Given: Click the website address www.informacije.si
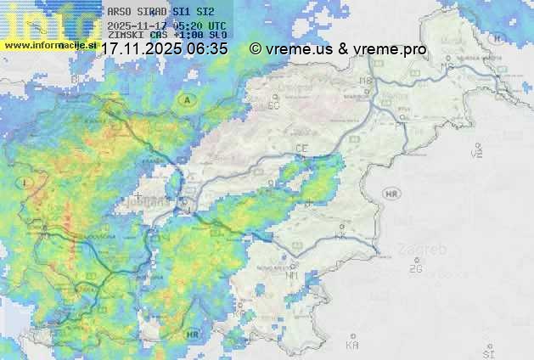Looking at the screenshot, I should [50, 45].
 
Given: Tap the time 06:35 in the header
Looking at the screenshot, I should [208, 49].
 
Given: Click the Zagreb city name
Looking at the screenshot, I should [426, 251].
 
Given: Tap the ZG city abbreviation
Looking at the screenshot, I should [415, 268].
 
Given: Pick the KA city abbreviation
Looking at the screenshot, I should [352, 345].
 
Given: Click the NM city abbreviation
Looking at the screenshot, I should [293, 275].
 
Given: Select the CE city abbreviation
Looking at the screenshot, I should [301, 149].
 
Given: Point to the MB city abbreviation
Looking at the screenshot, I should [366, 82].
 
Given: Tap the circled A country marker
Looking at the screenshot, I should [186, 99].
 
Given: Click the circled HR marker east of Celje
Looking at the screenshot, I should [391, 194].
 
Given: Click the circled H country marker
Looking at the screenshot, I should [497, 38].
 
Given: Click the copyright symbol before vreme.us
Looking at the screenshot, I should [256, 49].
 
